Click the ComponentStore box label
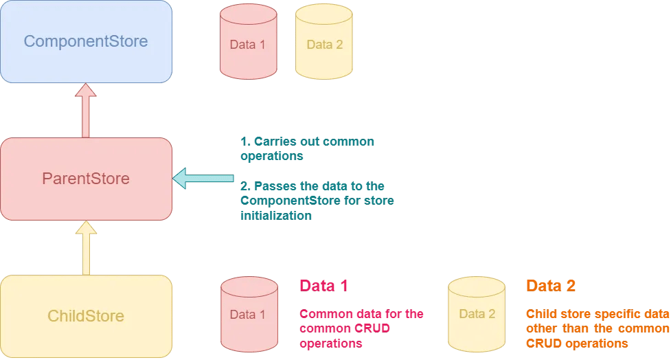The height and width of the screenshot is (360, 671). click(x=86, y=41)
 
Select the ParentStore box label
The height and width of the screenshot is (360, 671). click(x=86, y=179)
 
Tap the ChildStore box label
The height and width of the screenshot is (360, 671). click(x=86, y=316)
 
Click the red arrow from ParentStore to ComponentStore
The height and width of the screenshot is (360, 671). click(x=86, y=111)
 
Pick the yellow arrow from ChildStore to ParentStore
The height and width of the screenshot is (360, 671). click(x=86, y=248)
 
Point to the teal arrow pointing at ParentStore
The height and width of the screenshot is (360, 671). click(x=203, y=178)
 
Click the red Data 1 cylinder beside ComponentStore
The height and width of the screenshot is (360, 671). click(x=248, y=41)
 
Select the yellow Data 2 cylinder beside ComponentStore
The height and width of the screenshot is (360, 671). click(x=324, y=41)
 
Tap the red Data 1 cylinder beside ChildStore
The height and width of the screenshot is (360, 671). click(x=249, y=314)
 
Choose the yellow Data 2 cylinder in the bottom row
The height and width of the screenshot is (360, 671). click(x=477, y=314)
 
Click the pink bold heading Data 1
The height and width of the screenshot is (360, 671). click(x=323, y=286)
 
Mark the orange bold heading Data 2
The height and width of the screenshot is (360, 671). click(x=551, y=286)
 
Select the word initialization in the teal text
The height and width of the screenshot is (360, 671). click(x=276, y=215)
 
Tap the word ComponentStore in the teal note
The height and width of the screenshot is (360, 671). click(x=290, y=201)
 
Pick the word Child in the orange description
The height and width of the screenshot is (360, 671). click(x=541, y=314)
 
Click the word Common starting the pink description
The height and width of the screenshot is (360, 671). click(x=323, y=314)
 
